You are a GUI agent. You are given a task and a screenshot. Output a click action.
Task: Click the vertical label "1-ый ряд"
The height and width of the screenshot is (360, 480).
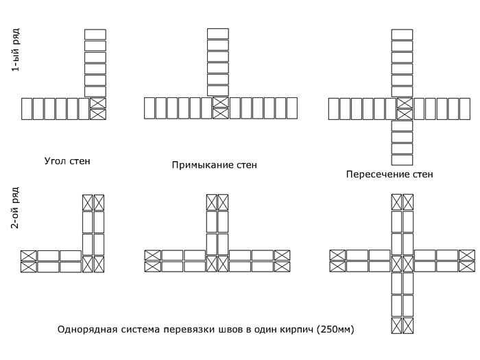coord(15,50)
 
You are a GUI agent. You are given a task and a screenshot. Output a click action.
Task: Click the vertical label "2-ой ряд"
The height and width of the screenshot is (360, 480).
coord(15,208)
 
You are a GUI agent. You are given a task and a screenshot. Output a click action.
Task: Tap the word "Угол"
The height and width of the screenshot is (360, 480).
coord(54,161)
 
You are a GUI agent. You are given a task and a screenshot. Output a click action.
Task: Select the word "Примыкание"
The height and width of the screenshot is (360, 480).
coord(203,165)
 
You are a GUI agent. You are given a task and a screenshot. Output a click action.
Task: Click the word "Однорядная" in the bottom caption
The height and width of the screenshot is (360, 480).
coord(87,330)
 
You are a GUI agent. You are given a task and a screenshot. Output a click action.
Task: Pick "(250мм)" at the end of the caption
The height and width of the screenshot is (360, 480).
coord(335,330)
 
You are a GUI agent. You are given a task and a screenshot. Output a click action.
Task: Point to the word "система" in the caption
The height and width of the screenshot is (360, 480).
coord(140,330)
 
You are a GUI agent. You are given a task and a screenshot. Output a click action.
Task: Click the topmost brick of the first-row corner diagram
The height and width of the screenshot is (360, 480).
coord(95,34)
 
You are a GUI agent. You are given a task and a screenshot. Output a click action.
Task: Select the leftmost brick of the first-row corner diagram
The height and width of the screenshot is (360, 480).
coord(27,108)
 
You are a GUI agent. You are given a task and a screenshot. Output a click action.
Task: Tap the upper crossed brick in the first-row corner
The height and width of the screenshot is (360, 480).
coord(98,103)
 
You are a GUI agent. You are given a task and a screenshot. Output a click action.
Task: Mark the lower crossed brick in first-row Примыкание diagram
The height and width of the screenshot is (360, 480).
coord(221,114)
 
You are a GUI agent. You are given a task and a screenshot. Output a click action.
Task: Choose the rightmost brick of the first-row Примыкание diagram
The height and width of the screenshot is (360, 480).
coord(292,108)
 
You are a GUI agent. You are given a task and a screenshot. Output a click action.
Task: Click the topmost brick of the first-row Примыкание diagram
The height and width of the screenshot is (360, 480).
coord(218,34)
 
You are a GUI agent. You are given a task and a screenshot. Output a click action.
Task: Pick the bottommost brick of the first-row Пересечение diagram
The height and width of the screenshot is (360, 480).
coord(403,160)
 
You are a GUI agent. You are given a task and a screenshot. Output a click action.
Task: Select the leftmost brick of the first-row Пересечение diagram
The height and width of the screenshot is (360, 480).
coord(334,108)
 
